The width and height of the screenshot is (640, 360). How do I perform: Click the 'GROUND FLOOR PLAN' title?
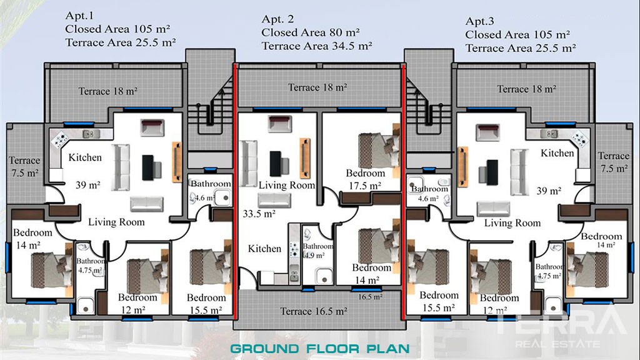pyautogui.click(x=320, y=349)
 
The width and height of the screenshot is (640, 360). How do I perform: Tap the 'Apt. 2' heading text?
pyautogui.click(x=277, y=19)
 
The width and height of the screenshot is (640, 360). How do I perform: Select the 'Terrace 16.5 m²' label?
pyautogui.click(x=314, y=311)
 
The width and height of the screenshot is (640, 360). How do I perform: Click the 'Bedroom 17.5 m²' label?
pyautogui.click(x=365, y=179)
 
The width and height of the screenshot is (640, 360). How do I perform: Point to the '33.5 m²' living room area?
pyautogui.click(x=259, y=214)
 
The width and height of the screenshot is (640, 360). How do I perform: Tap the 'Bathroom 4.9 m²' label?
pyautogui.click(x=317, y=251)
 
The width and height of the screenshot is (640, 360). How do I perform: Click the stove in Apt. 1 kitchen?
pyautogui.click(x=60, y=139)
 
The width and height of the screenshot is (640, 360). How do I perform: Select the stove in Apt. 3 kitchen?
pyautogui.click(x=580, y=139)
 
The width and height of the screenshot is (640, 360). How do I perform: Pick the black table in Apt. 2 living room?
pyautogui.click(x=276, y=163)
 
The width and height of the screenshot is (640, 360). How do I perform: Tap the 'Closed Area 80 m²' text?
pyautogui.click(x=311, y=32)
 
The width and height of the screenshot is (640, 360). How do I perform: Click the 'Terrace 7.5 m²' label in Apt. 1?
pyautogui.click(x=24, y=166)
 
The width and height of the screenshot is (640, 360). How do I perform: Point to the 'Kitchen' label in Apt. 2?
pyautogui.click(x=264, y=249)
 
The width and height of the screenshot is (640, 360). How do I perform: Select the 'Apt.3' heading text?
pyautogui.click(x=479, y=21)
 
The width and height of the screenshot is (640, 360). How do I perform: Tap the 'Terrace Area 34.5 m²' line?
pyautogui.click(x=317, y=46)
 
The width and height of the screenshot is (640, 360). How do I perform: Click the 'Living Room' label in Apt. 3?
pyautogui.click(x=512, y=223)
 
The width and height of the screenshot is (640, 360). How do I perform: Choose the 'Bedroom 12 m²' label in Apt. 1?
pyautogui.click(x=137, y=304)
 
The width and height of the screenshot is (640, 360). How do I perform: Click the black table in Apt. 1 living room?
pyautogui.click(x=148, y=167)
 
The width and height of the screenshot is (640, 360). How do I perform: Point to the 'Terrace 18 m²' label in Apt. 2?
pyautogui.click(x=317, y=87)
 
